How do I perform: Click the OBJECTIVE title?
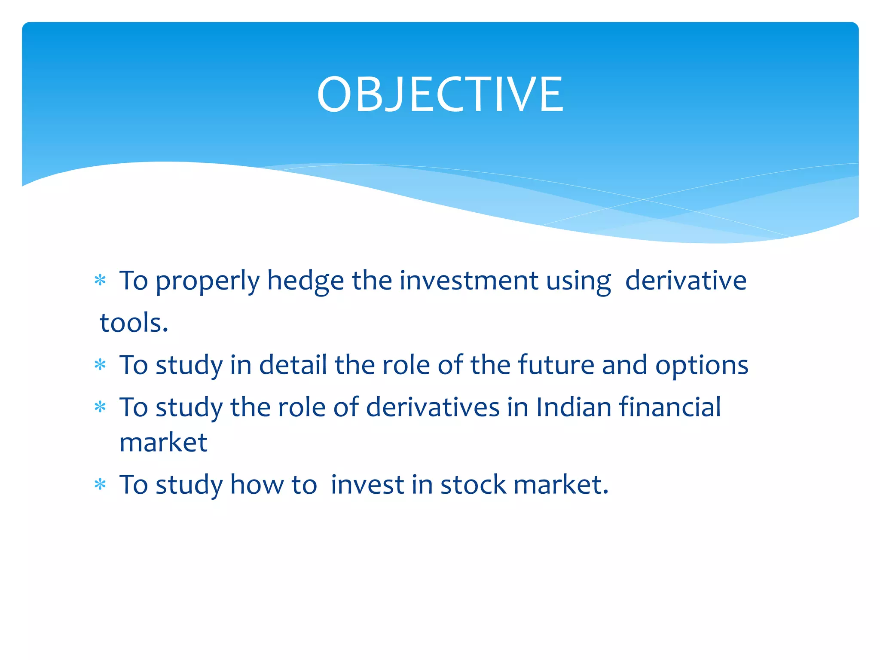tap(440, 95)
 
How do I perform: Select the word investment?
tap(469, 281)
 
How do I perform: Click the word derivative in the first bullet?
tap(686, 281)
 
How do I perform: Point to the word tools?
tap(134, 323)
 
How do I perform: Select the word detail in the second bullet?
tap(293, 365)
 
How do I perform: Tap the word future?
tap(556, 365)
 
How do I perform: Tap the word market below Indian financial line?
tap(163, 443)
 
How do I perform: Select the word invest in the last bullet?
tap(368, 485)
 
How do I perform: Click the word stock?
tap(473, 485)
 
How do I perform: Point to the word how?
tap(257, 485)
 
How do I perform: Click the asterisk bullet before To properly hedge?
tap(100, 281)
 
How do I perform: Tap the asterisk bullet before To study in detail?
tap(100, 365)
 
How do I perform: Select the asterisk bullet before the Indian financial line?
tap(100, 407)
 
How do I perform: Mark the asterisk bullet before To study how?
tap(100, 485)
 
